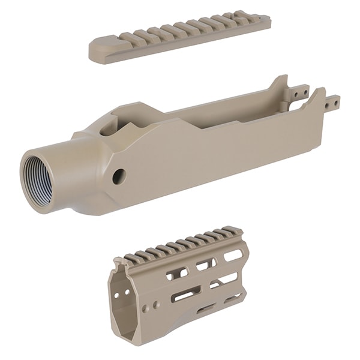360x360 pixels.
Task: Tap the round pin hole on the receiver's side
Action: tap(119, 176)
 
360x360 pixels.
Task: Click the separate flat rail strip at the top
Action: tap(180, 37)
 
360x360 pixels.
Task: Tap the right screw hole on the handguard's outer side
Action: tap(157, 305)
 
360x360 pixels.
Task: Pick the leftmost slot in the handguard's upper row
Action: tap(176, 274)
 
